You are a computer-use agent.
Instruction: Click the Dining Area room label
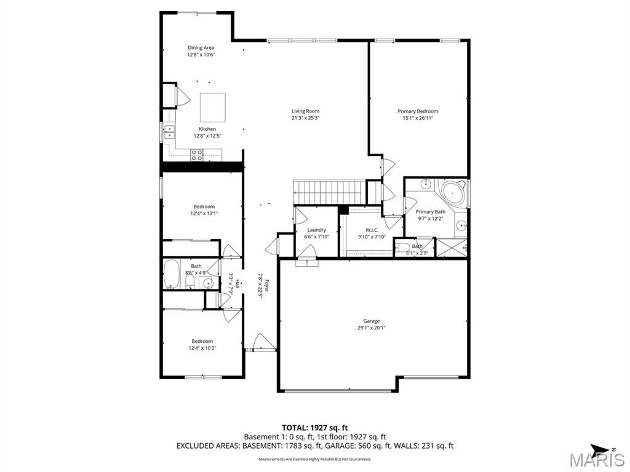coord(201,48)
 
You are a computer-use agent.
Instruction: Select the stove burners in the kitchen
coord(197,155)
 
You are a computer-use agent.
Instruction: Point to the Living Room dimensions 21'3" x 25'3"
coord(306,118)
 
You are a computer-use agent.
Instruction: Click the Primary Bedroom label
coord(418,111)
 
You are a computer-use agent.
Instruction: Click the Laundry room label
coord(316,230)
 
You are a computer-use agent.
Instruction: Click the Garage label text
coord(371,321)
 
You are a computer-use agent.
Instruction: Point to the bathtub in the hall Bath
coord(172,275)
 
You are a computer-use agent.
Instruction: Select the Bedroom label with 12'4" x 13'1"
coord(204,206)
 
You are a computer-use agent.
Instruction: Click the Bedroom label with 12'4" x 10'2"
coord(202,341)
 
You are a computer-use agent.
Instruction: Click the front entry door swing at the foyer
coord(262,342)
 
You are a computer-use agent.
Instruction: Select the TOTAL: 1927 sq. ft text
coord(314,427)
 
